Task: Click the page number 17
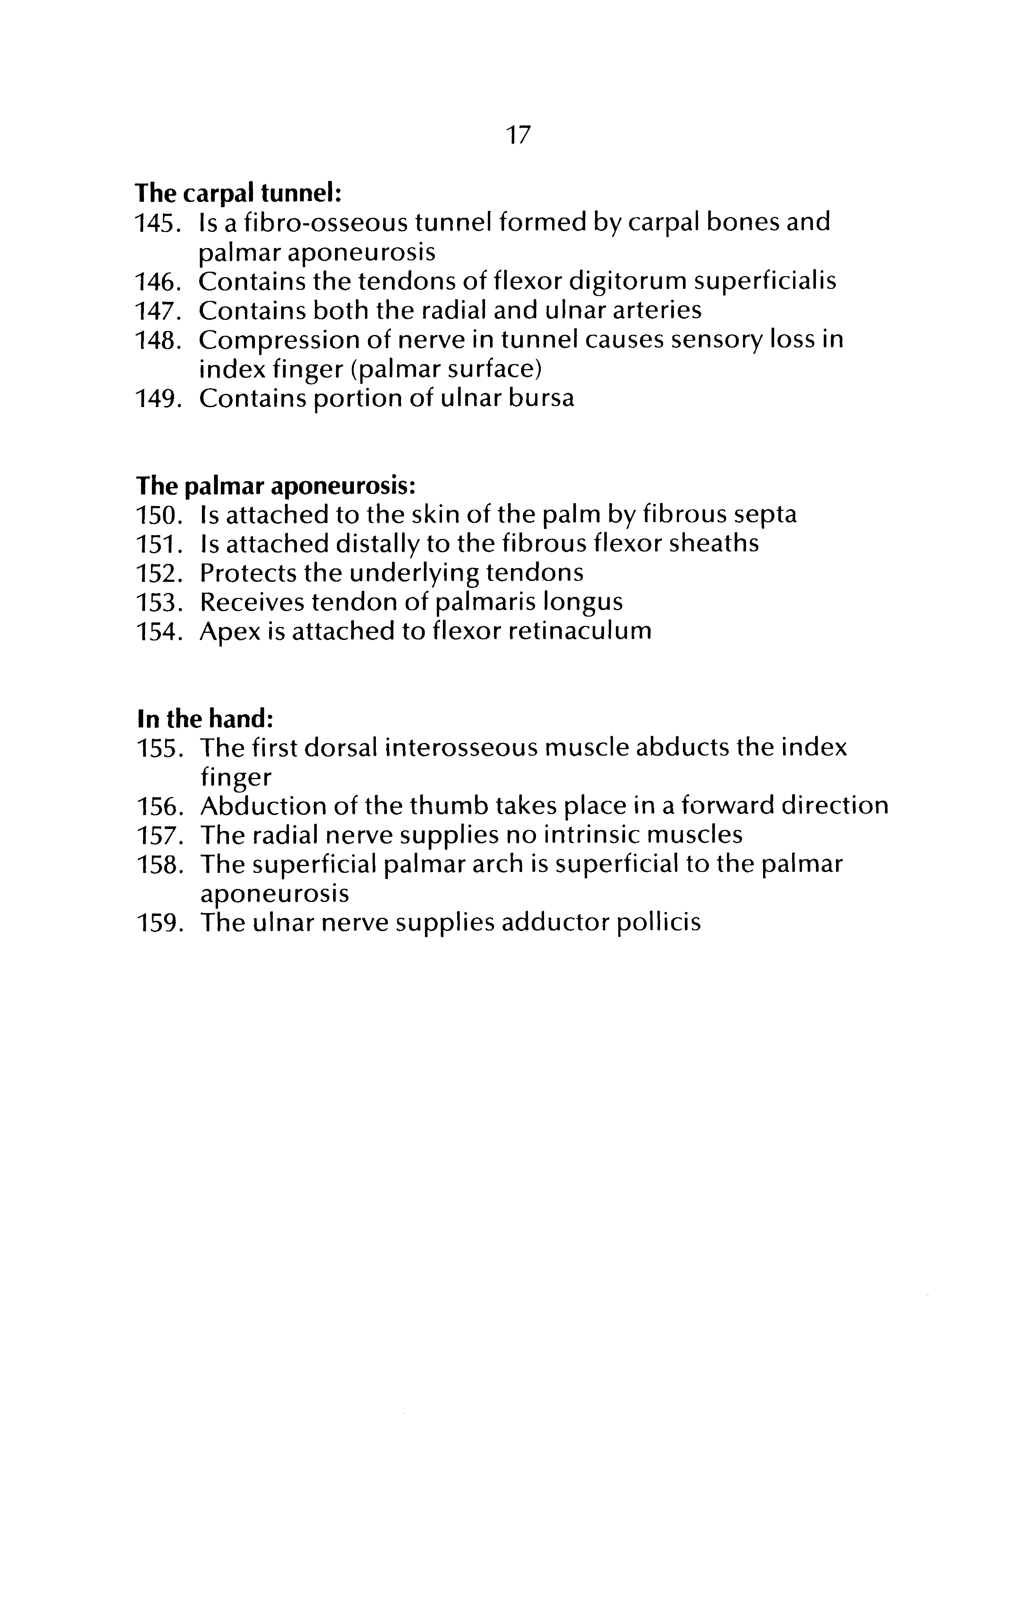pyautogui.click(x=518, y=136)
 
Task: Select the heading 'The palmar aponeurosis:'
pyautogui.click(x=276, y=485)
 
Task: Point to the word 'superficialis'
pyautogui.click(x=764, y=281)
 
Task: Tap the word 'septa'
pyautogui.click(x=764, y=515)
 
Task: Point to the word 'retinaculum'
pyautogui.click(x=580, y=631)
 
